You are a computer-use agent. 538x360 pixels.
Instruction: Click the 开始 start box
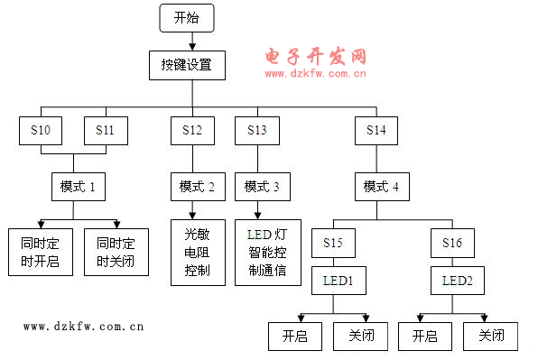point(187,17)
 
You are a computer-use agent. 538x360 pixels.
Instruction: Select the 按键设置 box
point(187,66)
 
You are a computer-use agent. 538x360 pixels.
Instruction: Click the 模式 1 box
point(77,187)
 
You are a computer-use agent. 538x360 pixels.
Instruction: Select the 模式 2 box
point(197,187)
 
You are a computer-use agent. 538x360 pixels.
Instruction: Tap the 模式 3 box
point(262,187)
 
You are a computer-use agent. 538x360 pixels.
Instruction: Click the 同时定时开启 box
point(40,252)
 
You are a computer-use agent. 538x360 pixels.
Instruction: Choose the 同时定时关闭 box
point(116,252)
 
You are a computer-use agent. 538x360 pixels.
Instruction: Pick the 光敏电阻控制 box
point(197,252)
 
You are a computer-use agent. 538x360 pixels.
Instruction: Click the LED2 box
point(457,281)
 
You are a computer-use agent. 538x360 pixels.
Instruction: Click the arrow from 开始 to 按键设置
point(187,41)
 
